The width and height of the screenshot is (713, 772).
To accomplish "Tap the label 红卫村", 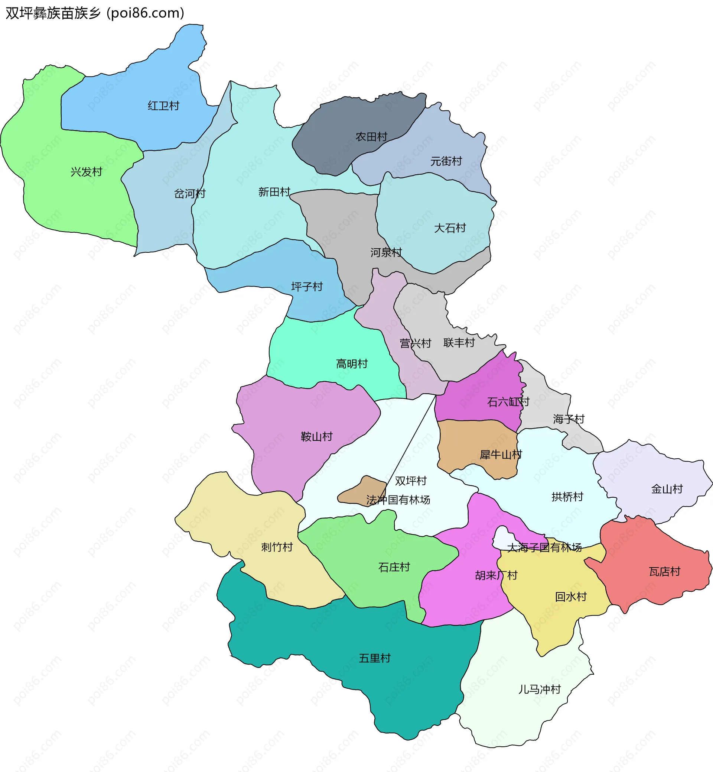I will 164,106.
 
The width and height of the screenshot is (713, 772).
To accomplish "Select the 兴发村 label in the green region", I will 87,172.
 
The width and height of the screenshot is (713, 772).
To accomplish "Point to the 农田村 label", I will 371,137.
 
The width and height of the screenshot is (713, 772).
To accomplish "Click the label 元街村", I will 446,161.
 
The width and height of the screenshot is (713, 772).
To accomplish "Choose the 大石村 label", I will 450,228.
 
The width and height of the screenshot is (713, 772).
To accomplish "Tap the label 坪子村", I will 307,287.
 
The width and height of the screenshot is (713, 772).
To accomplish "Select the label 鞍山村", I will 316,437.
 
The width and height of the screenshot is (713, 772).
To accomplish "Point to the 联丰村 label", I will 459,343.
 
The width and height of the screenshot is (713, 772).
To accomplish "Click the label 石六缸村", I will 508,402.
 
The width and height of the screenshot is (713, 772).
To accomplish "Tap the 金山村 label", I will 667,489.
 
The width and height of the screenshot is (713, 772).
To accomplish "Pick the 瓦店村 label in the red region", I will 664,572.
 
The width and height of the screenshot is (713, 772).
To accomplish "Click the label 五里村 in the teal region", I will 375,658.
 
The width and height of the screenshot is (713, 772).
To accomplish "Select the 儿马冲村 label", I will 539,689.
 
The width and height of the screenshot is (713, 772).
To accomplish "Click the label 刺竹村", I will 277,547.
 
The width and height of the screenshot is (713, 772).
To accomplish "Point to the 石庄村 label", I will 394,567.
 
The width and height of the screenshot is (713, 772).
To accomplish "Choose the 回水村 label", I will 571,597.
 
